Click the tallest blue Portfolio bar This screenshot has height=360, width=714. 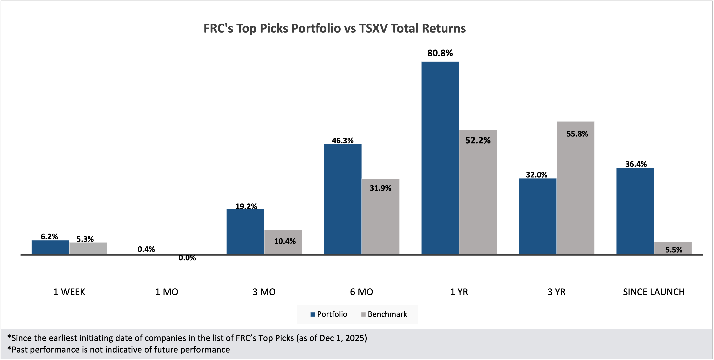click(440, 158)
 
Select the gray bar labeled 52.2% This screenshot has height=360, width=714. click(478, 194)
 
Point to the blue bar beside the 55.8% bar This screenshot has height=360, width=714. click(537, 216)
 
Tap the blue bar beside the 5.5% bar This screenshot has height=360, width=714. click(635, 211)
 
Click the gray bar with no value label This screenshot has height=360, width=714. click(88, 248)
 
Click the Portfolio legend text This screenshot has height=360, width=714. click(332, 314)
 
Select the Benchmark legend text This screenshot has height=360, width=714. click(387, 314)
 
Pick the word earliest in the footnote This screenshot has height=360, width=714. click(63, 338)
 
